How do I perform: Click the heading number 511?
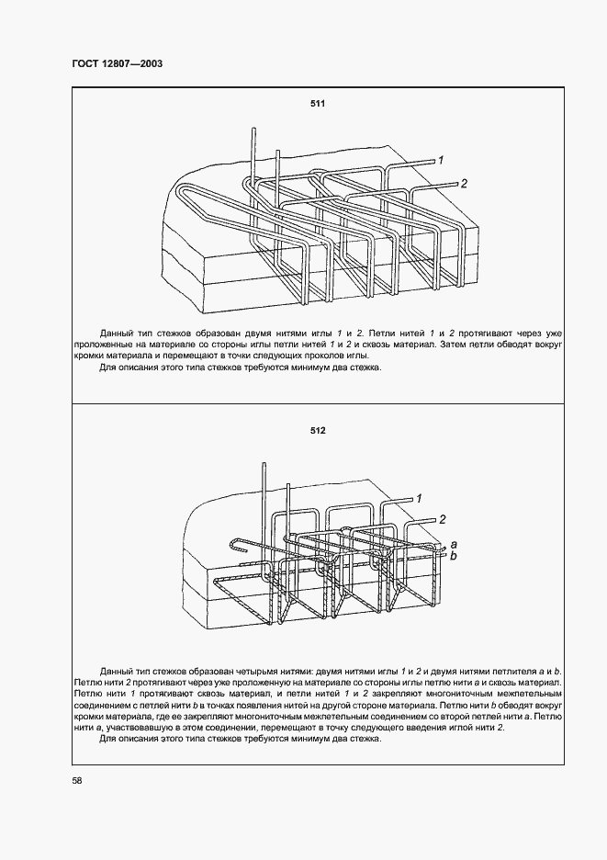pos(318,104)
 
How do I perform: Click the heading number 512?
pos(318,430)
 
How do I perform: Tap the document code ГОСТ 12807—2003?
pos(118,63)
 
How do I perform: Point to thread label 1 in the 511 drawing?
pos(441,161)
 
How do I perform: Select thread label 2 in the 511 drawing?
pos(464,184)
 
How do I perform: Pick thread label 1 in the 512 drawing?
pos(418,497)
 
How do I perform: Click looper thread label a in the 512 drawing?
pos(451,545)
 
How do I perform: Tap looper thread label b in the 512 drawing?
pos(451,556)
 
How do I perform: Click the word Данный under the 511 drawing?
pos(118,331)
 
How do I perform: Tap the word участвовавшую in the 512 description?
pos(130,728)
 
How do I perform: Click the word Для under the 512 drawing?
pos(107,739)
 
